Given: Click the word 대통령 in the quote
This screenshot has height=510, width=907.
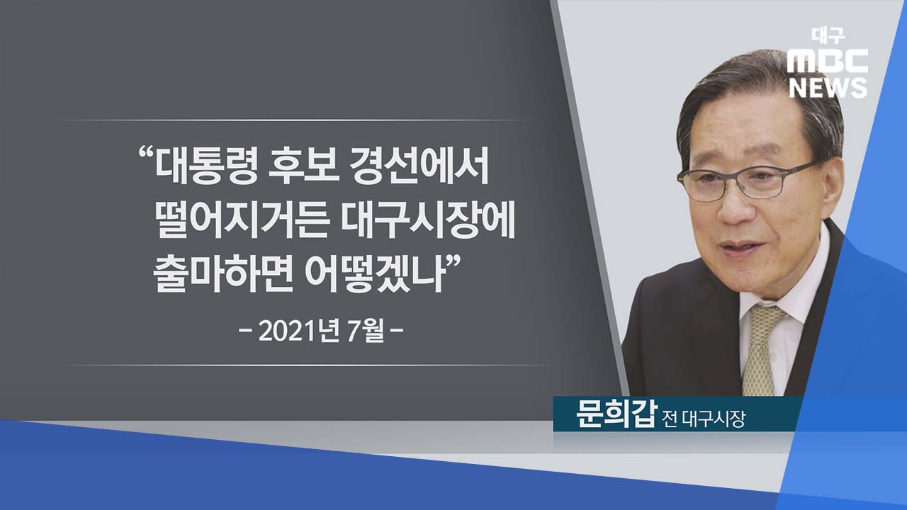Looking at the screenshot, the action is click(206, 168).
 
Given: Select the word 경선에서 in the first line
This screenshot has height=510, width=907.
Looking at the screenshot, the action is click(419, 168).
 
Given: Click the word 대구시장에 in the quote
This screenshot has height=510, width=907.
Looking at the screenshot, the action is click(427, 222).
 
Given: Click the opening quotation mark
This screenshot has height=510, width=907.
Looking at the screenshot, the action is click(146, 155).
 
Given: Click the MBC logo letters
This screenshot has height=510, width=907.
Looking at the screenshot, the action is click(828, 61).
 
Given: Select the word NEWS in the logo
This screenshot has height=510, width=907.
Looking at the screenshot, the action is click(828, 87).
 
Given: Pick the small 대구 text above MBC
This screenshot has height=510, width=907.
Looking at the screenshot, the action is click(828, 36).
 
